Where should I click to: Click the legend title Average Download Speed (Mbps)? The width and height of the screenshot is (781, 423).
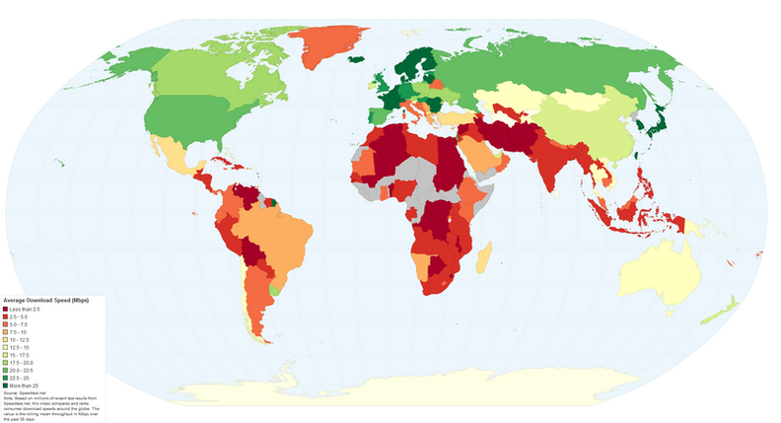[x=44, y=300]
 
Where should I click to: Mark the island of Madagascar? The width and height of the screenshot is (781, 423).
[x=484, y=259]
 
